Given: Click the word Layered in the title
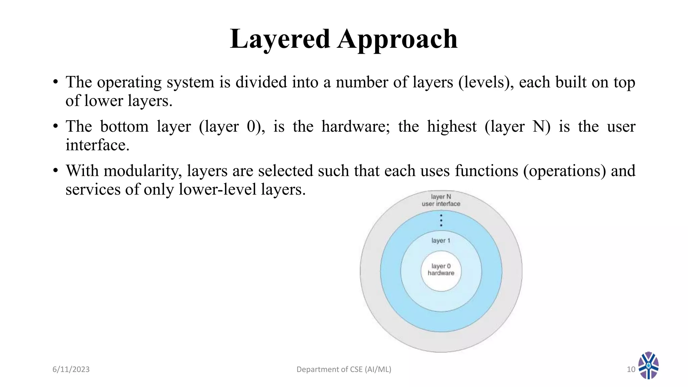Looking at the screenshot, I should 280,39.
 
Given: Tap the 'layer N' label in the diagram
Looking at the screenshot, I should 441,197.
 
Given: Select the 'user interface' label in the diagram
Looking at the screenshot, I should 441,204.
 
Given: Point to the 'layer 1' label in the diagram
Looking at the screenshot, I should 440,241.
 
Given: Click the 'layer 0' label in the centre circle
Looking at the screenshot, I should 441,266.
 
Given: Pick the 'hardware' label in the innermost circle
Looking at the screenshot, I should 441,273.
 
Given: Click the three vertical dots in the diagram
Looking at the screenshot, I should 441,220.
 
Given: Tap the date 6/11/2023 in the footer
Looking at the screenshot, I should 71,370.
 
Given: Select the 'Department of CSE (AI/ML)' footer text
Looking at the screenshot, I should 344,370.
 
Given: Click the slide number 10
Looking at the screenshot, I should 631,370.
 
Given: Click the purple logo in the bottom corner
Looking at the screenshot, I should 648,365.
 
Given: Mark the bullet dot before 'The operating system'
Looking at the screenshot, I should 56,82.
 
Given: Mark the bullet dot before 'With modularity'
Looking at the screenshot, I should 56,171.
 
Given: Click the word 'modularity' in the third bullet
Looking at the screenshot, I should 142,171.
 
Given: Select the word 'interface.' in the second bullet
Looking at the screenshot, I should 97,145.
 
